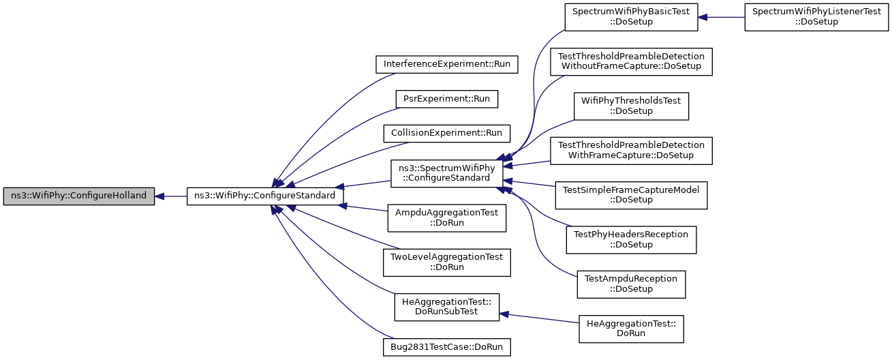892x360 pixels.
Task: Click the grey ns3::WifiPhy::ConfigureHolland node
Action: click(x=78, y=196)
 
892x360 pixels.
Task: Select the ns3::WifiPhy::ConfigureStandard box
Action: click(x=265, y=196)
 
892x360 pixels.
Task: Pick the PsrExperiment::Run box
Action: click(x=447, y=99)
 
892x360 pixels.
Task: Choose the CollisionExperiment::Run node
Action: click(x=447, y=132)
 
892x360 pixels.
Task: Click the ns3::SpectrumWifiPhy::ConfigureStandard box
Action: click(x=447, y=172)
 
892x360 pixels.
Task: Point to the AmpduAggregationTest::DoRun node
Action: click(x=447, y=217)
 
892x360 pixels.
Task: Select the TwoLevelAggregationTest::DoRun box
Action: click(x=447, y=262)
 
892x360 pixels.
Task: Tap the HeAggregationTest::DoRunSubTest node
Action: click(x=447, y=306)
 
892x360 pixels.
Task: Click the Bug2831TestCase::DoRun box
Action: click(x=447, y=346)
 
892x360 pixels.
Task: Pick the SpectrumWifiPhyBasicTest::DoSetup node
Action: click(x=631, y=16)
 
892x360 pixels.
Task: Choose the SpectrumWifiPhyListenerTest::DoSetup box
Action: click(x=816, y=16)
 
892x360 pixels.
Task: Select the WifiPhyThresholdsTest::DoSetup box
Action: click(x=631, y=106)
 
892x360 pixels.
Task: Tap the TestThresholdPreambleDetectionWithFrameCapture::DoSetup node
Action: click(x=631, y=150)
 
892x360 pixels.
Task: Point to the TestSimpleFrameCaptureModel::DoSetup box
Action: click(x=631, y=194)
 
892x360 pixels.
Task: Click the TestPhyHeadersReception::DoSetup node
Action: click(x=631, y=239)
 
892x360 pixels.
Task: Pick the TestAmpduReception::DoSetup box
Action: click(x=631, y=284)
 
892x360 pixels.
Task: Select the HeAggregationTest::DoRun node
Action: click(x=631, y=328)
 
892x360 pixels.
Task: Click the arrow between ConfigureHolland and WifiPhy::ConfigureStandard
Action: click(x=170, y=196)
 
